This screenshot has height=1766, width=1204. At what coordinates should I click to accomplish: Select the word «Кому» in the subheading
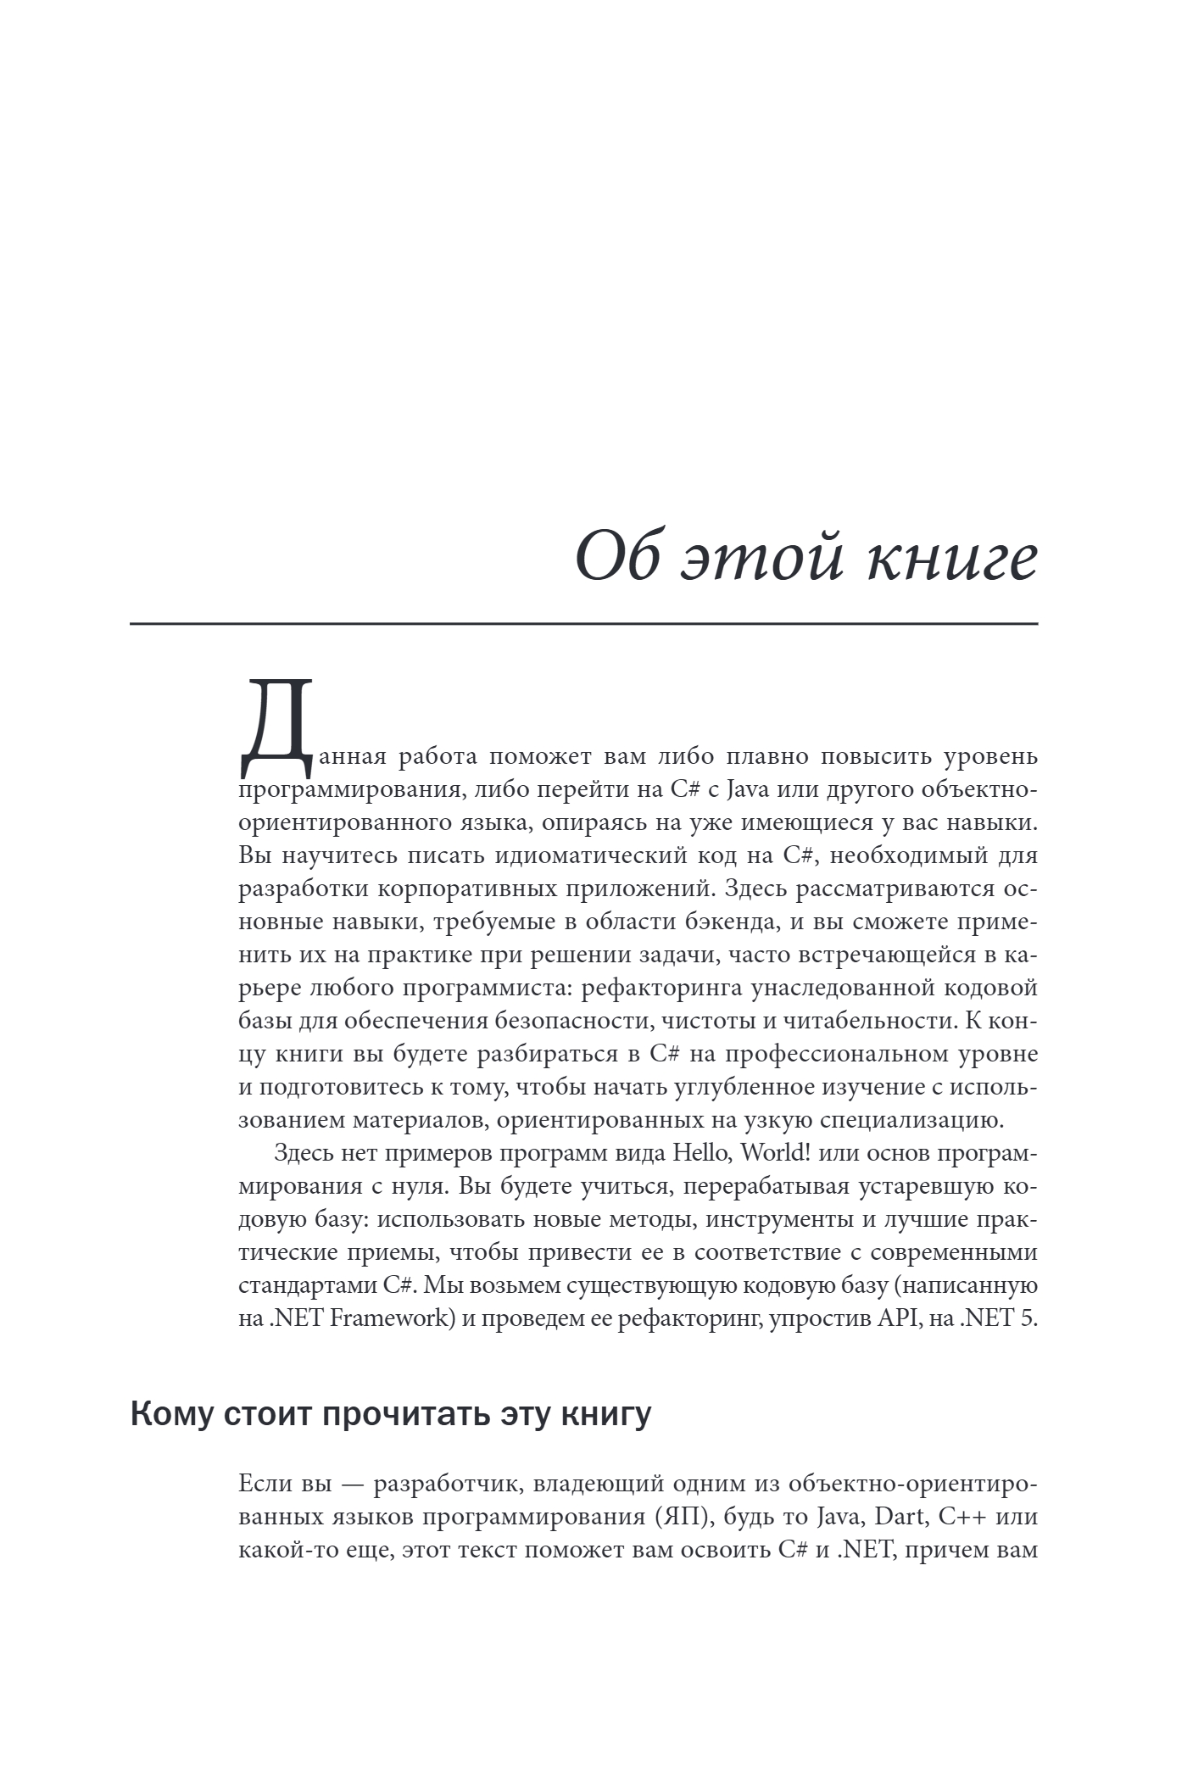tap(173, 1413)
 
